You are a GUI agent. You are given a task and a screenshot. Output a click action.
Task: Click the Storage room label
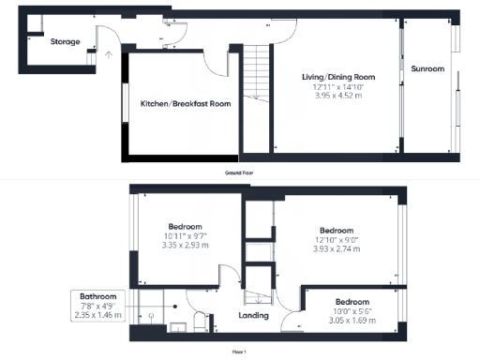[x=65, y=41]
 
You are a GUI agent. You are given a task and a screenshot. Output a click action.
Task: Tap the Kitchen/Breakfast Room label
[x=186, y=104]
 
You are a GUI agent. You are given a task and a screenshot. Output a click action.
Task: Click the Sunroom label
[x=427, y=69]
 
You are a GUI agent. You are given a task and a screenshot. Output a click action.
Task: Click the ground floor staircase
[x=256, y=75]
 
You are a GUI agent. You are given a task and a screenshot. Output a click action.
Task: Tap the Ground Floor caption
[x=241, y=173]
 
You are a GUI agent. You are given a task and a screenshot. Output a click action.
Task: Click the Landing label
[x=253, y=315]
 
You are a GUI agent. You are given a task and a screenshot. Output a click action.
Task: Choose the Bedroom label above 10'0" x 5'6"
[x=352, y=302]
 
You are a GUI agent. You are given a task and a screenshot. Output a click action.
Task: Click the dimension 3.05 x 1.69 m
[x=352, y=321]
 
